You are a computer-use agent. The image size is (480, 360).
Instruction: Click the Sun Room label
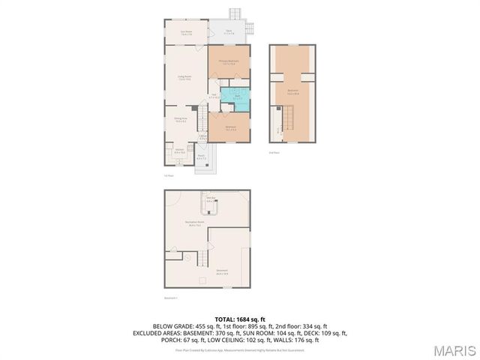(187, 33)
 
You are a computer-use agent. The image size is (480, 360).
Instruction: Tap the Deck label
(229, 32)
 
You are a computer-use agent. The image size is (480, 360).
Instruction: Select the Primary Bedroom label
(228, 62)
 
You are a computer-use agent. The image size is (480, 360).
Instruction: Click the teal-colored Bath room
(236, 97)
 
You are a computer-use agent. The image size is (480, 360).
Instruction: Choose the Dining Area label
(180, 119)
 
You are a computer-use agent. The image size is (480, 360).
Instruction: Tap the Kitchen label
(180, 152)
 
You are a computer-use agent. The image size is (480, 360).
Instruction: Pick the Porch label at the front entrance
(201, 158)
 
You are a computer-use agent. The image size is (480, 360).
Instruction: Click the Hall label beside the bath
(214, 96)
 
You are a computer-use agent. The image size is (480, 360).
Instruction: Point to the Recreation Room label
(196, 223)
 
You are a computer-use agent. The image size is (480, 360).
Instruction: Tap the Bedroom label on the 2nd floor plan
(293, 93)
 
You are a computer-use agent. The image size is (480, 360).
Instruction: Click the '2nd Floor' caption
(274, 151)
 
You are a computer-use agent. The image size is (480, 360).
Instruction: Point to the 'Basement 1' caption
(171, 298)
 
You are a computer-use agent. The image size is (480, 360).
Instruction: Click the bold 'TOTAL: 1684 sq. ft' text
(240, 319)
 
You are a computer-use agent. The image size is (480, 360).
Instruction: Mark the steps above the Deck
(235, 14)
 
